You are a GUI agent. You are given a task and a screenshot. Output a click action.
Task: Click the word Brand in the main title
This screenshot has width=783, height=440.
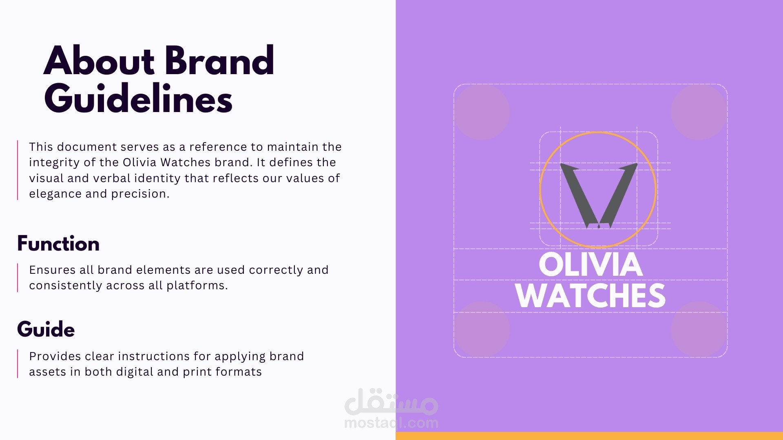pyautogui.click(x=220, y=61)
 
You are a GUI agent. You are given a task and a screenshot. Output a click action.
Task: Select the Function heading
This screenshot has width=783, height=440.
pyautogui.click(x=58, y=244)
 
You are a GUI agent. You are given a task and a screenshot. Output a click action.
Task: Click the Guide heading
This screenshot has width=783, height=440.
pyautogui.click(x=46, y=329)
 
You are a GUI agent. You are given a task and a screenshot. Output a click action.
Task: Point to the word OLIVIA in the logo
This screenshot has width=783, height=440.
pyautogui.click(x=591, y=264)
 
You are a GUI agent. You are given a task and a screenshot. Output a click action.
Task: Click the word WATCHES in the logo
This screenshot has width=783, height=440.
pyautogui.click(x=591, y=296)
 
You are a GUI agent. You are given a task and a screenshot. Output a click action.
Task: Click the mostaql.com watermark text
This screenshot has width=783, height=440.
pyautogui.click(x=391, y=423)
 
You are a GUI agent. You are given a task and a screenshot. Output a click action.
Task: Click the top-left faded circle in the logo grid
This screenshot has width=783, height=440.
pyautogui.click(x=482, y=112)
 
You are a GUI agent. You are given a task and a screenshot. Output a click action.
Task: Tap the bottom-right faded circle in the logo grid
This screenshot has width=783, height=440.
pyautogui.click(x=699, y=329)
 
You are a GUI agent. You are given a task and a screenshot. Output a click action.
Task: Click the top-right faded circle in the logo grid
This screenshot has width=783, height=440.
pyautogui.click(x=699, y=112)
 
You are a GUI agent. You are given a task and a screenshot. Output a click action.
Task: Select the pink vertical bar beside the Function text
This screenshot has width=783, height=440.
pyautogui.click(x=18, y=277)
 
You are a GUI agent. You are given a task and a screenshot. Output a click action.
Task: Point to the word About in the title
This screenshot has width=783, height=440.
pyautogui.click(x=99, y=61)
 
